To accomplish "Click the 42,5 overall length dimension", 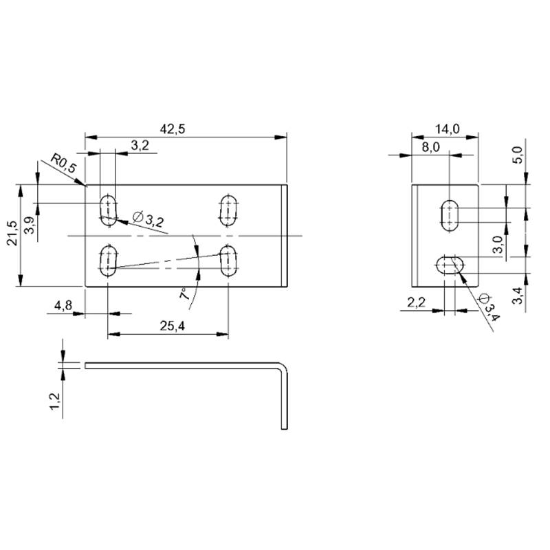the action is (173, 129).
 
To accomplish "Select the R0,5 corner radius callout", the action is (63, 163).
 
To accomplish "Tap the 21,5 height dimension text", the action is (12, 233).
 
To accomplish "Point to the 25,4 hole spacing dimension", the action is (173, 326).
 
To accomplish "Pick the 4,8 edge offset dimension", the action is (63, 305).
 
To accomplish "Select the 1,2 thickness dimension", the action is (55, 401).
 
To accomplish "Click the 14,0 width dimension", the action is (448, 129).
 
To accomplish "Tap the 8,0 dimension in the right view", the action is (430, 147).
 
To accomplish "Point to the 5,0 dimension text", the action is (518, 155).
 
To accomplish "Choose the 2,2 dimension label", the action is (417, 302).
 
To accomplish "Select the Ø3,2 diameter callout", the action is (148, 219).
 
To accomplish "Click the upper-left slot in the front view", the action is (108, 211).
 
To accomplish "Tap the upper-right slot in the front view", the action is (228, 211).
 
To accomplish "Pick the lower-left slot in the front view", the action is (108, 261).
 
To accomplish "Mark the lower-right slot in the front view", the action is (228, 261).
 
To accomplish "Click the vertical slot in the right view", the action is (450, 215).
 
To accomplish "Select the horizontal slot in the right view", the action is (450, 265).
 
